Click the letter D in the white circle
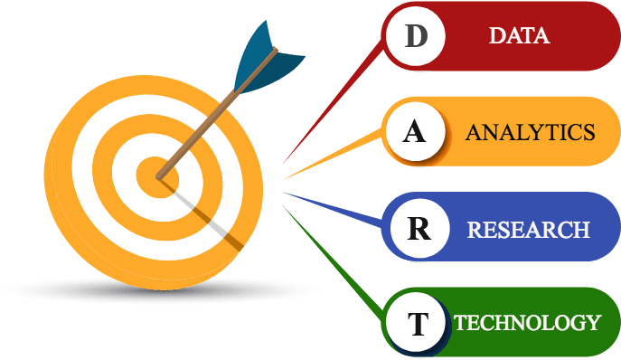coord(415,36)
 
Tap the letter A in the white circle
coord(414,132)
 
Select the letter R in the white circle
coord(418,228)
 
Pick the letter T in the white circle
coord(417,324)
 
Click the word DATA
coord(519,36)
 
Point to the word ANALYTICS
coord(530,132)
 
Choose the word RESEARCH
coord(528,229)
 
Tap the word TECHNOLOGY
coord(527,323)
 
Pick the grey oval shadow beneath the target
coord(90,290)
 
